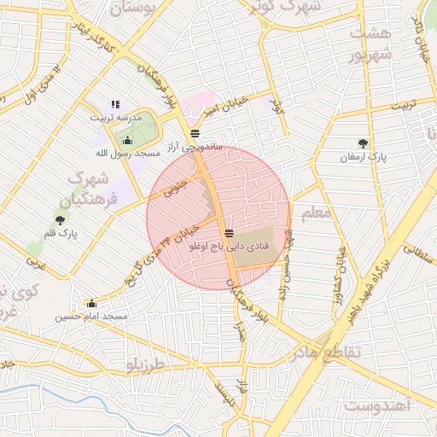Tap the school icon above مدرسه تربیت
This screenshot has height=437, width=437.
116,104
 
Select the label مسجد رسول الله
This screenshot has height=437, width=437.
128,153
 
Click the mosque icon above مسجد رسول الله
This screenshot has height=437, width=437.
128,141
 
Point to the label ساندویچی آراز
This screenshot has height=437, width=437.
196,146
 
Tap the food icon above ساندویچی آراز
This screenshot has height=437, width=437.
195,133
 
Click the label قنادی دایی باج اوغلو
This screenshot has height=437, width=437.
229,245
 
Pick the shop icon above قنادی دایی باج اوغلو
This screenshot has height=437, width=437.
229,232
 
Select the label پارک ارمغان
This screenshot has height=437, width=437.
364,157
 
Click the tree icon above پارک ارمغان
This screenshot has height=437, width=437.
364,143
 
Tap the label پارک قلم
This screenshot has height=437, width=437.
61,232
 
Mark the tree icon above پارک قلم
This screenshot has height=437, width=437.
60,219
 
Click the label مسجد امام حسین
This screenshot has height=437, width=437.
92,316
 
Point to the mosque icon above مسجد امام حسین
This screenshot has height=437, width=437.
91,303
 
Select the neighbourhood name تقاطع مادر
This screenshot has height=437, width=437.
326,351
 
